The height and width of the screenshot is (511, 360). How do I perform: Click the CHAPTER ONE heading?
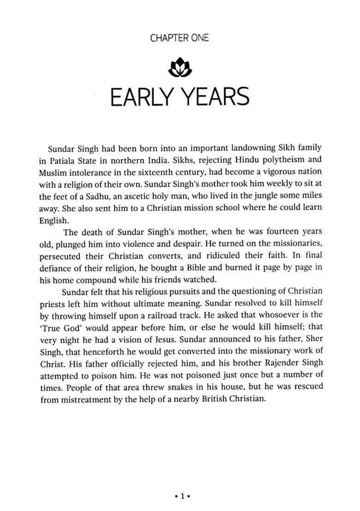(x=180, y=38)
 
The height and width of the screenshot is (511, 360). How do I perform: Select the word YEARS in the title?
(x=217, y=97)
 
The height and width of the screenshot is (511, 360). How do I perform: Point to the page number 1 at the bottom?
(x=182, y=496)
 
